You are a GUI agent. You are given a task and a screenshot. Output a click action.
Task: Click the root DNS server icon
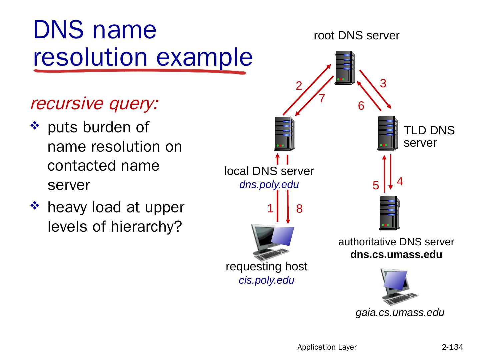345,68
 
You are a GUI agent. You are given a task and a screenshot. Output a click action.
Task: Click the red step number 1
270,208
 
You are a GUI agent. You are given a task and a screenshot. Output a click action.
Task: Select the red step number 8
299,209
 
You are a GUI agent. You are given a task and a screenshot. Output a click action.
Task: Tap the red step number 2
299,86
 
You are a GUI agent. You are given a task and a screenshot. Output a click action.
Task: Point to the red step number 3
383,83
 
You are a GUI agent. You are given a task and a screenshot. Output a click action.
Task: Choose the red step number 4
400,181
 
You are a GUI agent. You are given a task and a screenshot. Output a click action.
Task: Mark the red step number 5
376,185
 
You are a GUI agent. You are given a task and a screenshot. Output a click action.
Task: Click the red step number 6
361,106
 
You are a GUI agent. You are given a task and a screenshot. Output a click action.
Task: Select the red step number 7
322,98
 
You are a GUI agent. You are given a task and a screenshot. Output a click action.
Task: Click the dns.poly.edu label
269,184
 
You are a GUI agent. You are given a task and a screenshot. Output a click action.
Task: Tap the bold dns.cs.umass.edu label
396,255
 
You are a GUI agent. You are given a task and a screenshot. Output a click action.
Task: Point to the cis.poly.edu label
267,280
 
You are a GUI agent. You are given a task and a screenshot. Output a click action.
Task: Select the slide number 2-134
452,347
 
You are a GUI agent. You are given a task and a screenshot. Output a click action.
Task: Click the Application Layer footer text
327,347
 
